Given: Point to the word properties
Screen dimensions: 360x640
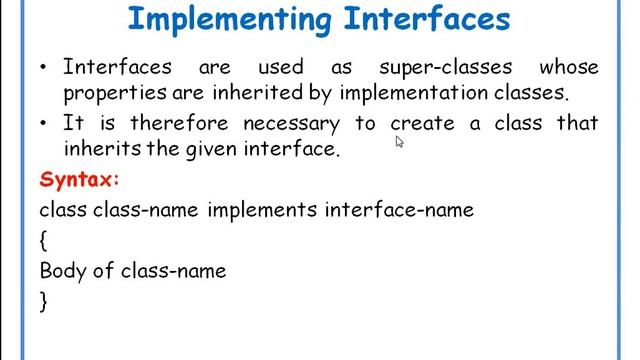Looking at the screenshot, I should (x=107, y=95).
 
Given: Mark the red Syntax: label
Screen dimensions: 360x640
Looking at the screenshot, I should (x=80, y=180).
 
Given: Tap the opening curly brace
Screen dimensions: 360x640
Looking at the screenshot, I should (x=44, y=241).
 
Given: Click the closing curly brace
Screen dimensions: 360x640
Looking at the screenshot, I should (x=44, y=300).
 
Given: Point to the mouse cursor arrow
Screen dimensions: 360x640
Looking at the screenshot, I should (x=399, y=142).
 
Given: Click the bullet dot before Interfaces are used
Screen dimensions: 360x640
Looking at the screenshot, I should (x=44, y=69).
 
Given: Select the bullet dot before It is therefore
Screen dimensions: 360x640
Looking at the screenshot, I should (x=44, y=124).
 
